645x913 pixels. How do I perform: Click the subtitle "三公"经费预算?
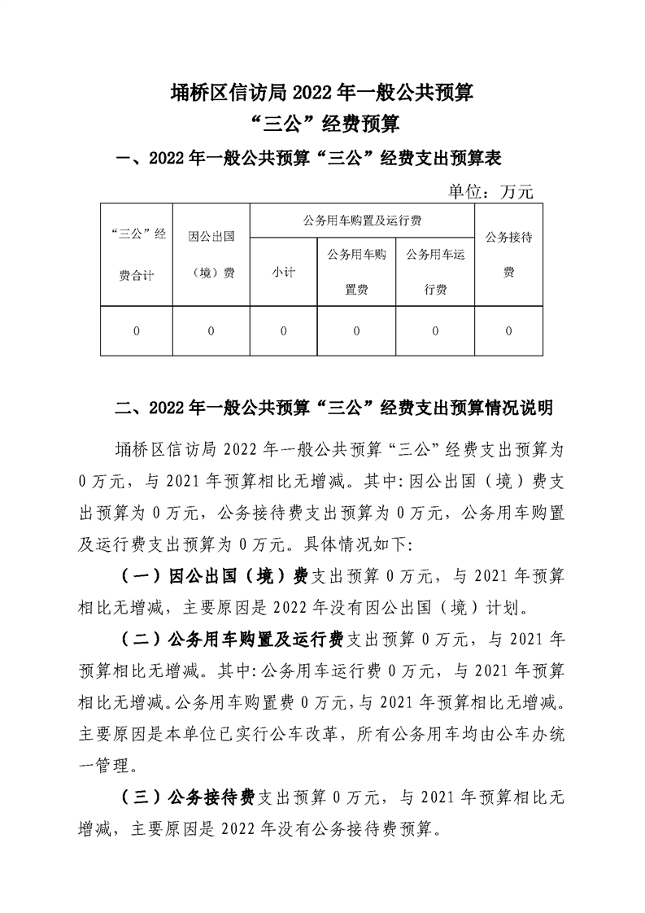(x=322, y=124)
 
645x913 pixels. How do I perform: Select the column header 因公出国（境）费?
(x=211, y=255)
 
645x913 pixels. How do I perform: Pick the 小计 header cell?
(x=283, y=272)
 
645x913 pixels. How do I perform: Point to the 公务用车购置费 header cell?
(x=356, y=272)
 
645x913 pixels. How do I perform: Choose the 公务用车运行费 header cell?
(x=435, y=272)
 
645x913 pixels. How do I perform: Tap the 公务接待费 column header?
(x=508, y=255)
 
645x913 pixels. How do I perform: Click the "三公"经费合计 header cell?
(x=136, y=255)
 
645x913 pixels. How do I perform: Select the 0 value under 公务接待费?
(x=508, y=331)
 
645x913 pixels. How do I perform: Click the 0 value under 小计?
(x=283, y=331)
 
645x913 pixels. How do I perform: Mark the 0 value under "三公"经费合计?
(x=136, y=331)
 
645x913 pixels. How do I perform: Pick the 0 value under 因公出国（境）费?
(x=211, y=331)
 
